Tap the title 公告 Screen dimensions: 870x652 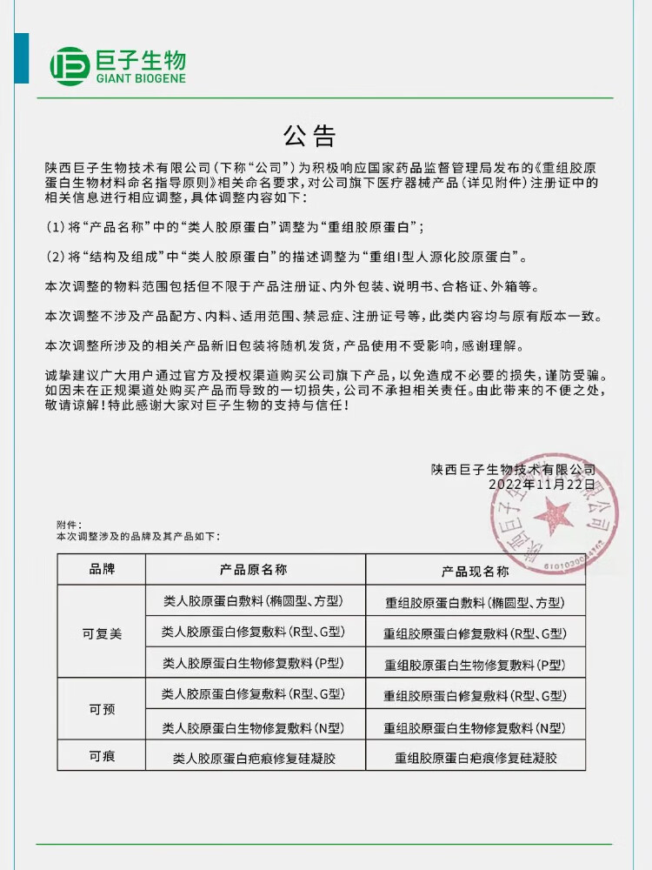click(x=309, y=137)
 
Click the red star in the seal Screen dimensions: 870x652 click(x=550, y=520)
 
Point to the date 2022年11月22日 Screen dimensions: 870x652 click(x=542, y=484)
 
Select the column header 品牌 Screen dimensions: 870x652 click(x=102, y=570)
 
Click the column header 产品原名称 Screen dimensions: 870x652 click(x=254, y=570)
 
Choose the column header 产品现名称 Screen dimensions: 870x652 click(x=476, y=572)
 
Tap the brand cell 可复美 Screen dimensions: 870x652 click(x=102, y=633)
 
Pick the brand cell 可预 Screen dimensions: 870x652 click(x=102, y=709)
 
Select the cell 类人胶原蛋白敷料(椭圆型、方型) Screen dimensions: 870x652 click(x=254, y=601)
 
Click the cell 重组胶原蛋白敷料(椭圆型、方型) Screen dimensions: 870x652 click(x=476, y=602)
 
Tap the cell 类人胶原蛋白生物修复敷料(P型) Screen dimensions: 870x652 click(x=254, y=663)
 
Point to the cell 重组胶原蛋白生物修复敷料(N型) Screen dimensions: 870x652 click(x=476, y=727)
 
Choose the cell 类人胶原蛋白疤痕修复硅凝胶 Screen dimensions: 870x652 click(x=254, y=759)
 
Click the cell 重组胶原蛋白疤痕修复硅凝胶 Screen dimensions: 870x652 click(x=476, y=759)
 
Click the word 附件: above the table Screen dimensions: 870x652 click(x=69, y=525)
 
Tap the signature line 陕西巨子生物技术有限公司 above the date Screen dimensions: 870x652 click(x=513, y=469)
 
